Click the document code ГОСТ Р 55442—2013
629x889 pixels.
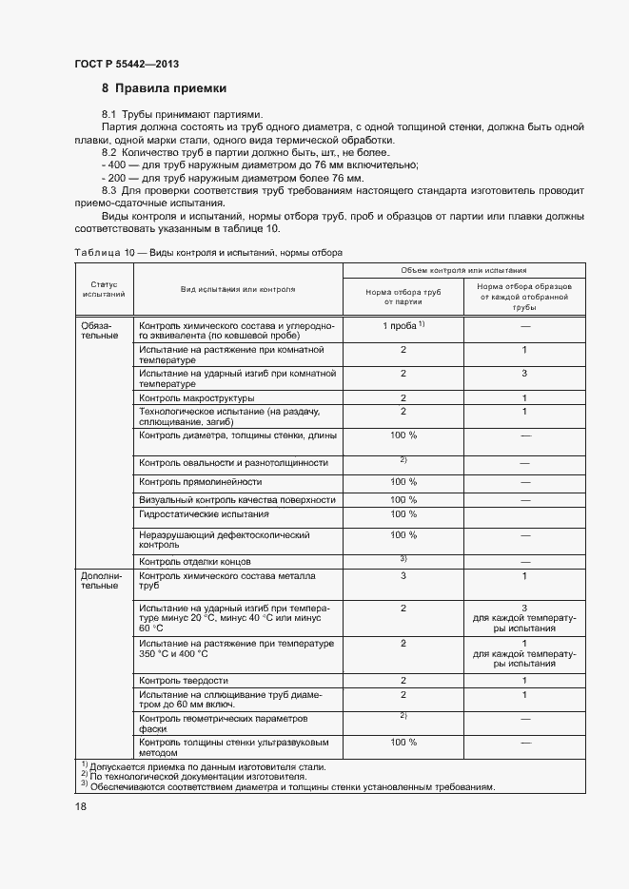pyautogui.click(x=126, y=65)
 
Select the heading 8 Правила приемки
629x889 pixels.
pyautogui.click(x=164, y=88)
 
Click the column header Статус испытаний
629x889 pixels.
pyautogui.click(x=104, y=289)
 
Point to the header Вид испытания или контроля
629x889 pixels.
pyautogui.click(x=238, y=288)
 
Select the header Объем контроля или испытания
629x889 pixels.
pyautogui.click(x=463, y=270)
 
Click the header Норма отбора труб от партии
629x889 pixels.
pyautogui.click(x=403, y=297)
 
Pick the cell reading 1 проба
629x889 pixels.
pyautogui.click(x=402, y=326)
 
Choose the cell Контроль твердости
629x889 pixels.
pyautogui.click(x=183, y=680)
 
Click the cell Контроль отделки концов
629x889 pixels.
pyautogui.click(x=195, y=562)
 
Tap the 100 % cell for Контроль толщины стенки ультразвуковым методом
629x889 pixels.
pyautogui.click(x=403, y=742)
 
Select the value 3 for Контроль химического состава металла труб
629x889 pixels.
pyautogui.click(x=403, y=575)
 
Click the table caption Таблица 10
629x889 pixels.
pyautogui.click(x=96, y=253)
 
